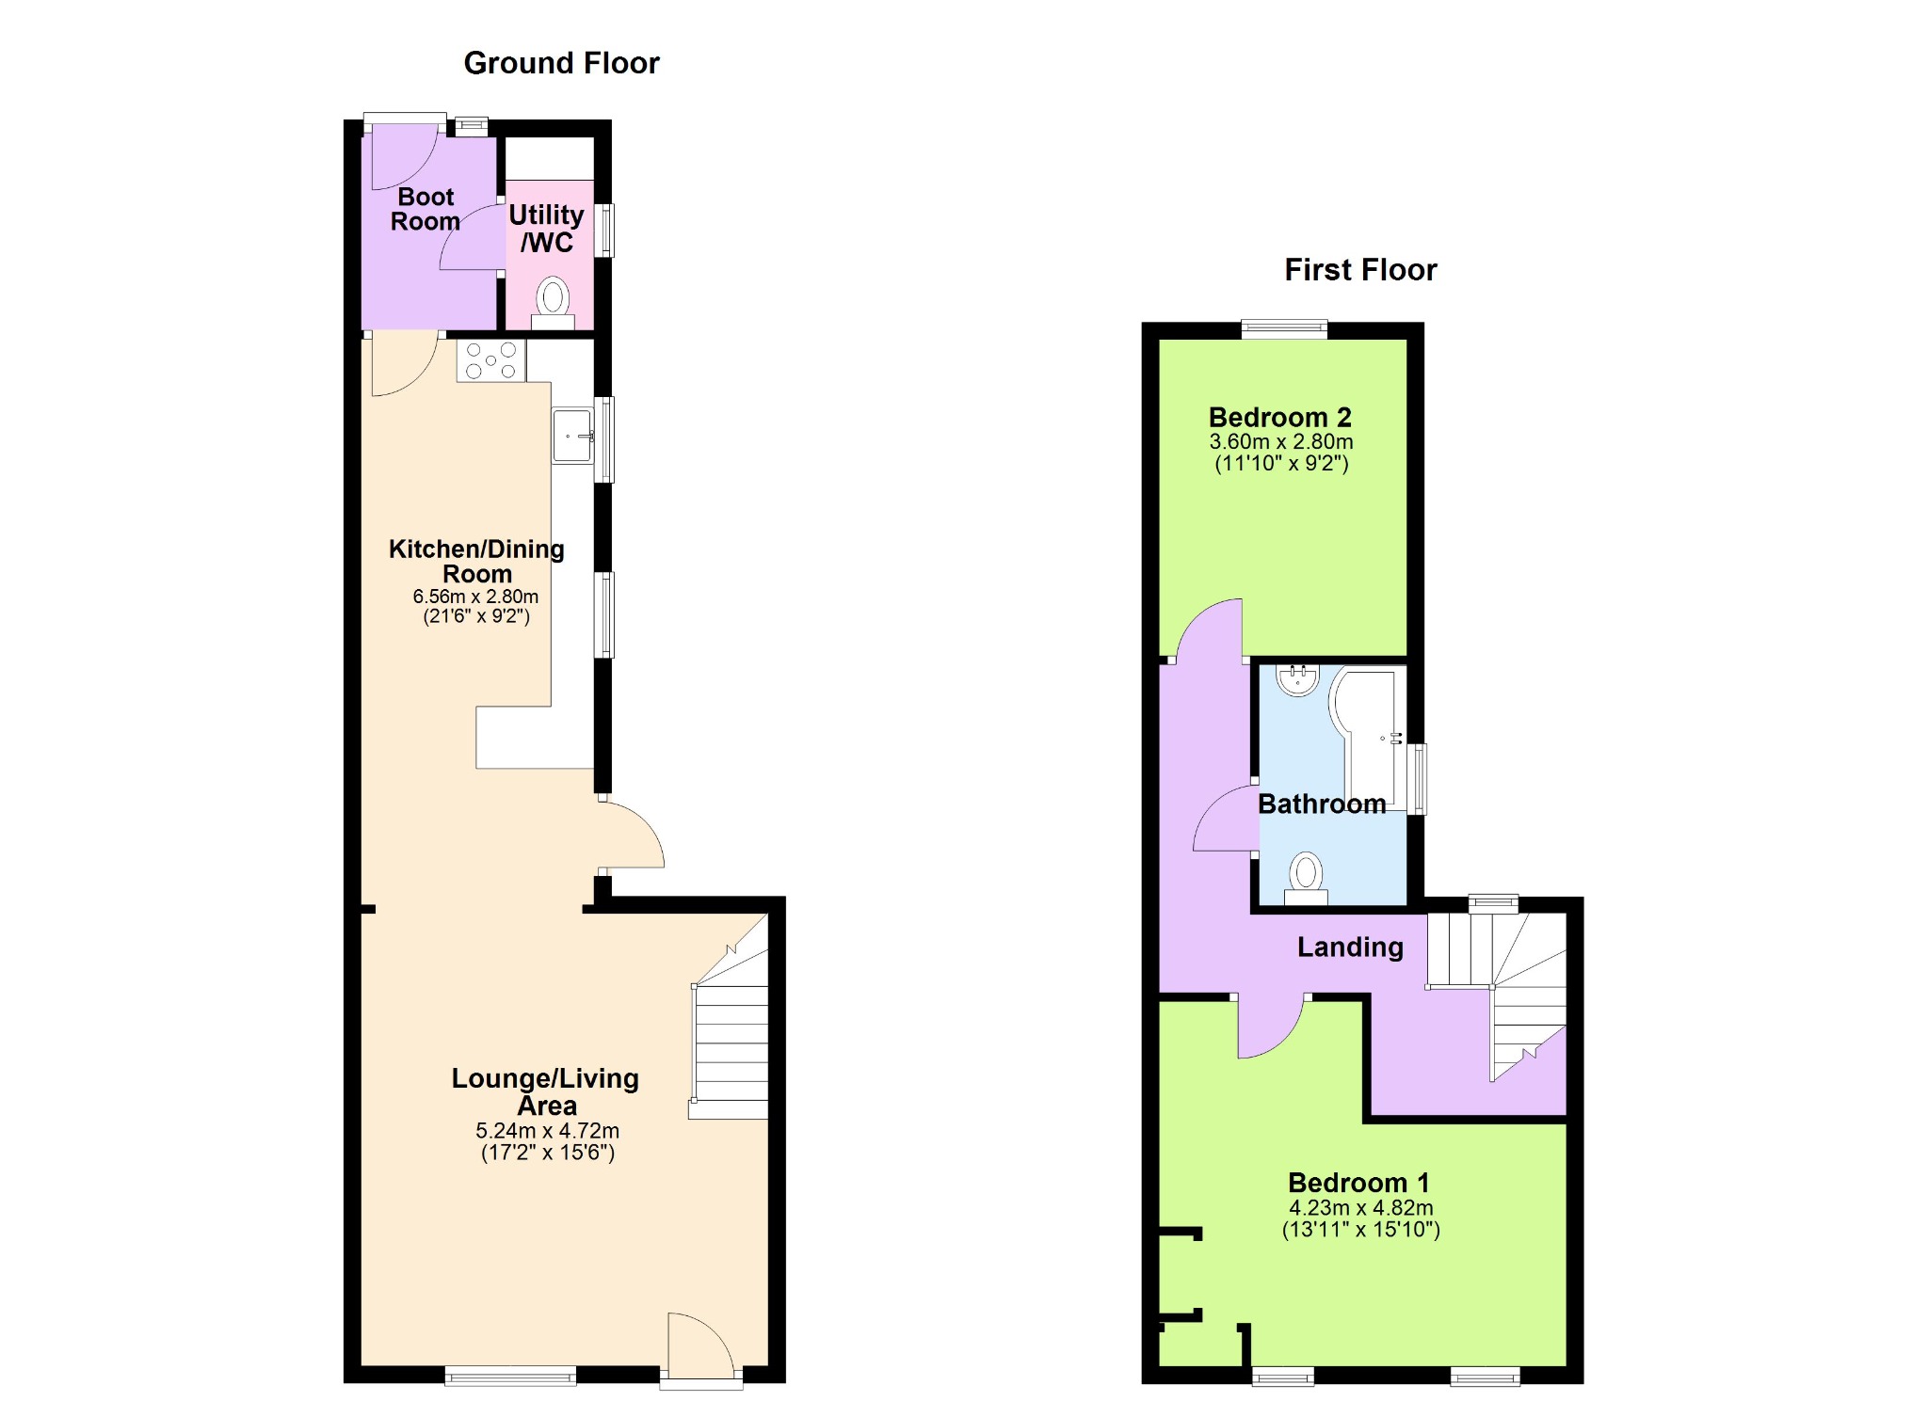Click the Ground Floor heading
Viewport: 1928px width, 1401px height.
561,63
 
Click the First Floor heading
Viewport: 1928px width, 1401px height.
1360,270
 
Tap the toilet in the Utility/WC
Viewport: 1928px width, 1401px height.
553,303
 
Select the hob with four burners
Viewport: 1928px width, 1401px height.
491,360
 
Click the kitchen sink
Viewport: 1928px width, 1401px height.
572,436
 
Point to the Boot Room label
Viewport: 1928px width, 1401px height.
426,209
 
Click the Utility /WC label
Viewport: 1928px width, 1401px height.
547,229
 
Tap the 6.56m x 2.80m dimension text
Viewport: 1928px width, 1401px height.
475,597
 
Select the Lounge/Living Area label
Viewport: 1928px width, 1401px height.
545,1091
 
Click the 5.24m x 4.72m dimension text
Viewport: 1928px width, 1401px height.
547,1131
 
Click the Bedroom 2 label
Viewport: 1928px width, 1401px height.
1280,417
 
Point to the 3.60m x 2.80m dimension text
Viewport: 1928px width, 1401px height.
1281,441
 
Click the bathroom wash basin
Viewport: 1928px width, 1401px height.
1298,679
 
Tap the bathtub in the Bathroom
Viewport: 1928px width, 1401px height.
1369,739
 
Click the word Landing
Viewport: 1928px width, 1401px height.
1350,947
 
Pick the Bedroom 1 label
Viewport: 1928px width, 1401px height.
1358,1183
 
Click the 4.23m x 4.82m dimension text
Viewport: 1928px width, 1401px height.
1361,1208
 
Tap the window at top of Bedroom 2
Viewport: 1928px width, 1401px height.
1284,329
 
